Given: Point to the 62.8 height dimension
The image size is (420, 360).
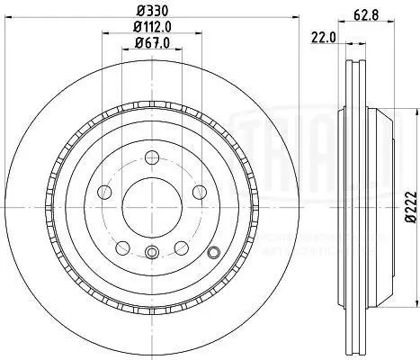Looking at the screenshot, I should (362, 14).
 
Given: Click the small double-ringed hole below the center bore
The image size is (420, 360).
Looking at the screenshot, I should (152, 253).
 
